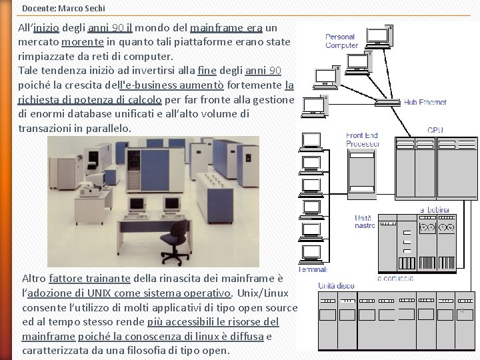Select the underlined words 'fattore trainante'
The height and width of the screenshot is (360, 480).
pos(90,279)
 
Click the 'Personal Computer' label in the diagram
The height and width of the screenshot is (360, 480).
pos(341,41)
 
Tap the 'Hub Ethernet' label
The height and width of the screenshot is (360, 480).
pos(425,103)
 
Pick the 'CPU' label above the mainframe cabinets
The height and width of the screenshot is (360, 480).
pos(435,130)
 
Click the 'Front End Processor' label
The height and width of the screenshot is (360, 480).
pos(362,139)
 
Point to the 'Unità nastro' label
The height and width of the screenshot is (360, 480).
pos(365,222)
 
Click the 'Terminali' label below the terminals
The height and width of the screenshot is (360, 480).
pos(312,269)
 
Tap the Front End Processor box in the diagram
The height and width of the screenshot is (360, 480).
pos(362,175)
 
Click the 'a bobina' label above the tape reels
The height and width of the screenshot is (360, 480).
pos(434,210)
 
